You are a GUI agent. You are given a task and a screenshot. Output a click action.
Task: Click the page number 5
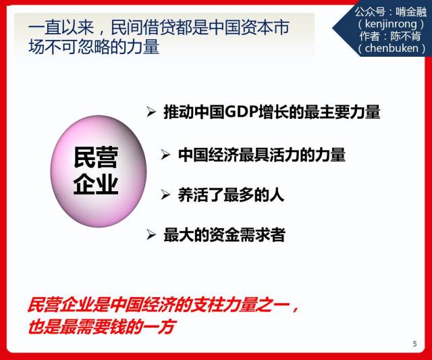click(x=414, y=344)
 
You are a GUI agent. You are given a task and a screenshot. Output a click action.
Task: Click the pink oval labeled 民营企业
click(x=99, y=171)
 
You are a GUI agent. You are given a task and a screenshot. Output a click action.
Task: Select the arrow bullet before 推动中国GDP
click(x=151, y=111)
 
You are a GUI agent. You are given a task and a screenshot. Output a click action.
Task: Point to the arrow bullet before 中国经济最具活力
click(x=165, y=155)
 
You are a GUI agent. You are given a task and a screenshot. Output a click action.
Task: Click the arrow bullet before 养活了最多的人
click(x=165, y=195)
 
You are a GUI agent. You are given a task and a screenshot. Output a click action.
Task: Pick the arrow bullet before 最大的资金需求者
click(x=151, y=234)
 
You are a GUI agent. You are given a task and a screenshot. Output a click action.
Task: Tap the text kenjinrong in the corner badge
click(x=391, y=24)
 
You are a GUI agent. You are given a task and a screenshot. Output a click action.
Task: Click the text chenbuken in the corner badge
click(x=391, y=48)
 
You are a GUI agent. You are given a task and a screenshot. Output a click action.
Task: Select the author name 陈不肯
click(x=406, y=36)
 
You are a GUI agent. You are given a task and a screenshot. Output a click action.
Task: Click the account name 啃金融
click(x=411, y=11)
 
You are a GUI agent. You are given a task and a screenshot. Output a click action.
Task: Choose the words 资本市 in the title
click(x=265, y=27)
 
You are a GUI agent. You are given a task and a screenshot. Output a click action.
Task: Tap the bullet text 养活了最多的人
click(x=231, y=195)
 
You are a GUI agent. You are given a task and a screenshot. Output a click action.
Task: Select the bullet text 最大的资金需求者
click(x=224, y=235)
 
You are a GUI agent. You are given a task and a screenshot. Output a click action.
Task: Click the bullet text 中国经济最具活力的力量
click(x=261, y=155)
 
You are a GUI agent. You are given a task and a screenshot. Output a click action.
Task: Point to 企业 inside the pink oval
click(x=96, y=184)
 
